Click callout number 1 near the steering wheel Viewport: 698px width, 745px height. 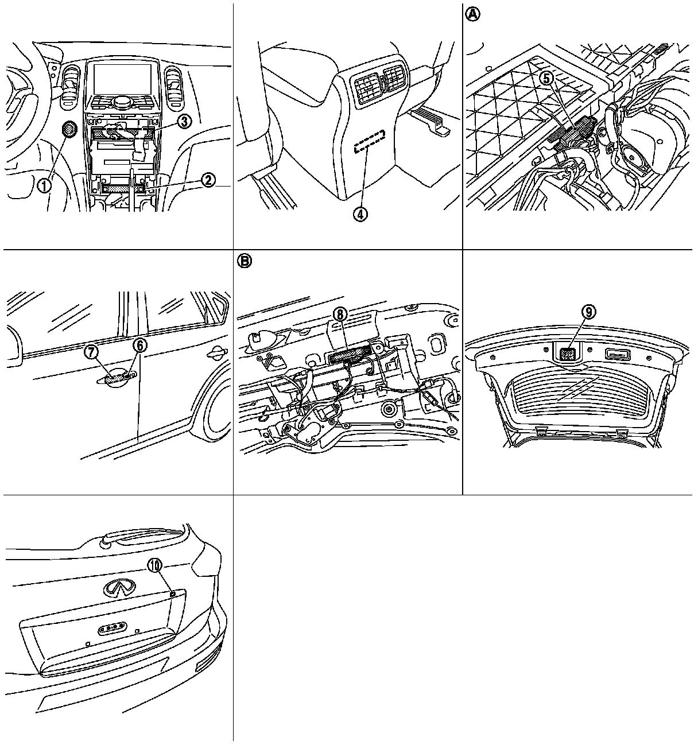pos(44,185)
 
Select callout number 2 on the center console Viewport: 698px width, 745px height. pos(208,180)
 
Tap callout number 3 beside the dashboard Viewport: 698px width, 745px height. pos(184,121)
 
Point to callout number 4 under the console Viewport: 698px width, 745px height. pos(360,214)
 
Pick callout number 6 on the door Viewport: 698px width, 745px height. pos(140,346)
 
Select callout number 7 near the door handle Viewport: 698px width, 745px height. pos(93,352)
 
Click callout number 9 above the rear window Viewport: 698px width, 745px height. pos(588,312)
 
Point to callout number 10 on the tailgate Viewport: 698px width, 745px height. pos(154,565)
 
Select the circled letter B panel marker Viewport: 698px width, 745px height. pos(245,261)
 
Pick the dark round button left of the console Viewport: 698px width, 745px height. pos(68,130)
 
